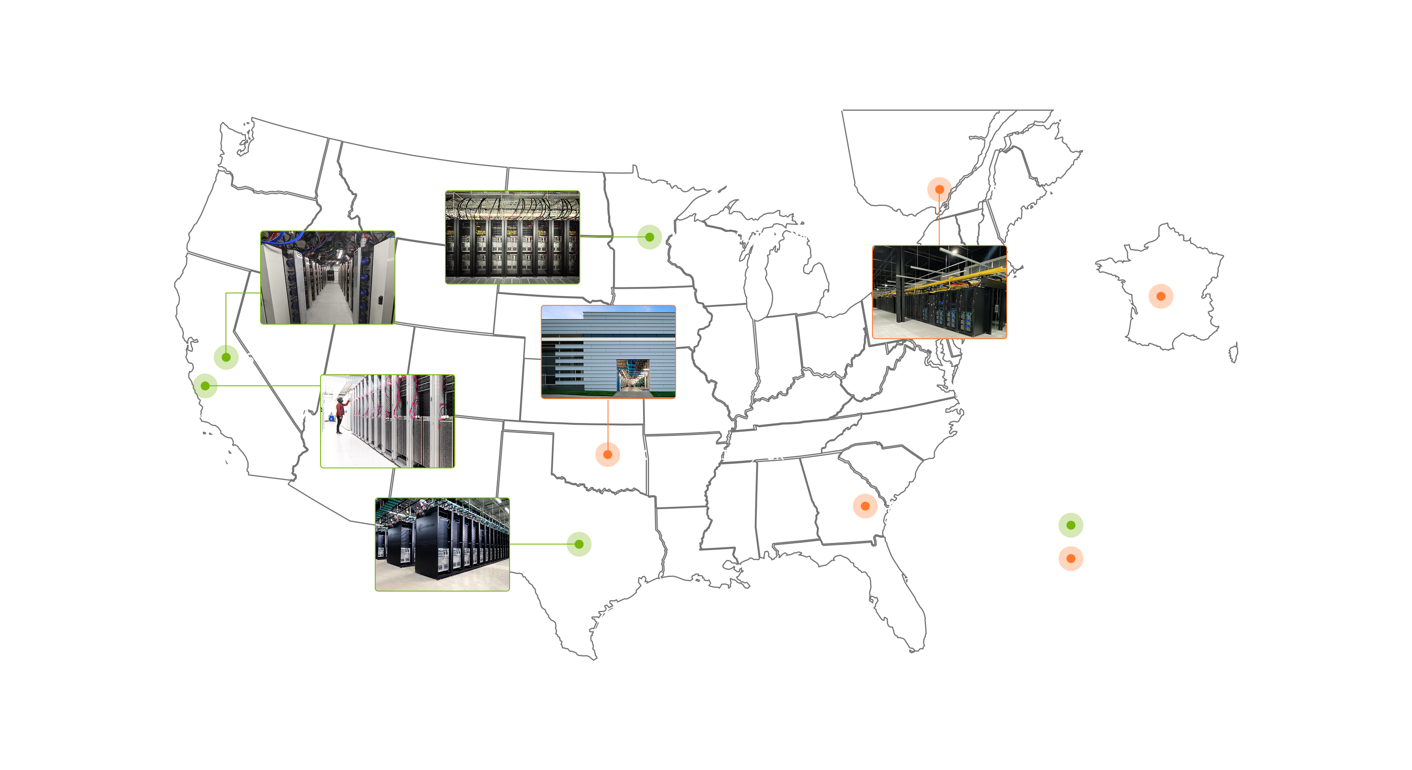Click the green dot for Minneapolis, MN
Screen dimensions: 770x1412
point(650,237)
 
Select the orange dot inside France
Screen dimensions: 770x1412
point(1160,296)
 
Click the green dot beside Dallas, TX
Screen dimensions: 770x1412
point(579,544)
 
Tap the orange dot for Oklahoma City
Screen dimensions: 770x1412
point(607,454)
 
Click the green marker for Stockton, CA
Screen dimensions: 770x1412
point(226,357)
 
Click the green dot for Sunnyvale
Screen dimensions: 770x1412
point(205,386)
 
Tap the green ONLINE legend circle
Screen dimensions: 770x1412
point(1071,525)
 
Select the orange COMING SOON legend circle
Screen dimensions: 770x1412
point(1071,558)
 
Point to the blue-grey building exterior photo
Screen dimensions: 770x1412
point(608,351)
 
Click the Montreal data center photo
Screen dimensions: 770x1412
point(939,292)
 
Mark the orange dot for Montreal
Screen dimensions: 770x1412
point(939,189)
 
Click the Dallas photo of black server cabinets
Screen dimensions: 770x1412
point(442,544)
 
